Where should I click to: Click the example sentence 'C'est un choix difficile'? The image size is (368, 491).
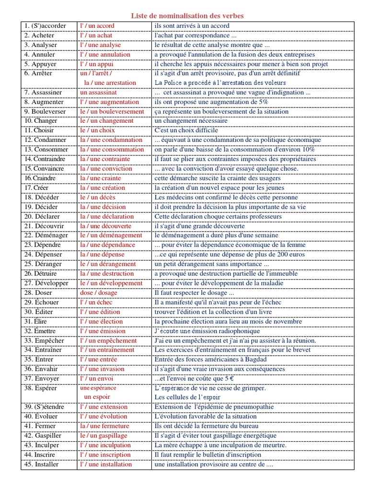(186, 130)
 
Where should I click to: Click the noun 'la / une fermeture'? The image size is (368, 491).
(104, 426)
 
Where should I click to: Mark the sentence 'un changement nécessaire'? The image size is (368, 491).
(191, 121)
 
